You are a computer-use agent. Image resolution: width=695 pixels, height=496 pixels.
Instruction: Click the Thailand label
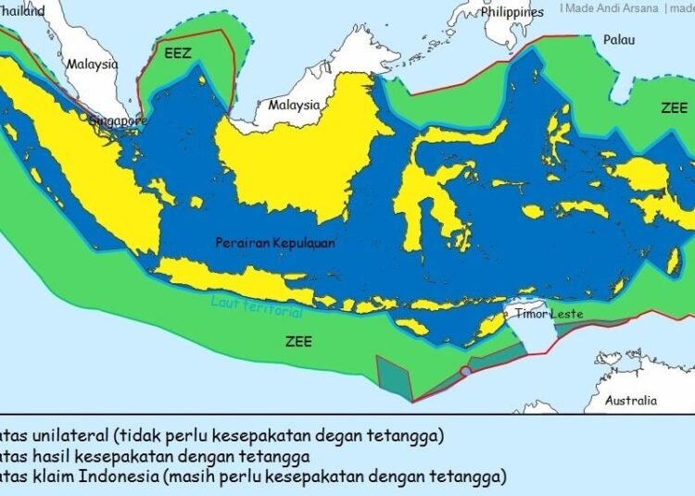(22, 11)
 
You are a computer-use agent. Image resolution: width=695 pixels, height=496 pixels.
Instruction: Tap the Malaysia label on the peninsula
(92, 65)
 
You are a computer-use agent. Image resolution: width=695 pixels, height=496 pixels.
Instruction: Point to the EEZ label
(178, 55)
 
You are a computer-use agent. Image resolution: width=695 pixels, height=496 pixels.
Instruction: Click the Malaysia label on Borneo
(294, 105)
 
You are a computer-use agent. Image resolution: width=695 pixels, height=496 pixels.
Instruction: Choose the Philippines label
(512, 13)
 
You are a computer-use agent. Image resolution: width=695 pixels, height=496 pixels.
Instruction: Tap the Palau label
(619, 40)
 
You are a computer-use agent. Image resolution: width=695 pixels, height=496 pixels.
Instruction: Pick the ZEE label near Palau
(674, 107)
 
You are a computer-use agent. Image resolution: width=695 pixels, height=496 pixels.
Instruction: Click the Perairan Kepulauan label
(275, 242)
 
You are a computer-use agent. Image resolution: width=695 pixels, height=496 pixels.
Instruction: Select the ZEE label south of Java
(298, 341)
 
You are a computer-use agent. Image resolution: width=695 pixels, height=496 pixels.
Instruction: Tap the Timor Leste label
(550, 314)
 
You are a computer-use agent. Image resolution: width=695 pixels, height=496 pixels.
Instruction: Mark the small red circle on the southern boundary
(465, 371)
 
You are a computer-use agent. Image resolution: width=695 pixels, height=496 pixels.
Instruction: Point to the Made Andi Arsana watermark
(612, 8)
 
